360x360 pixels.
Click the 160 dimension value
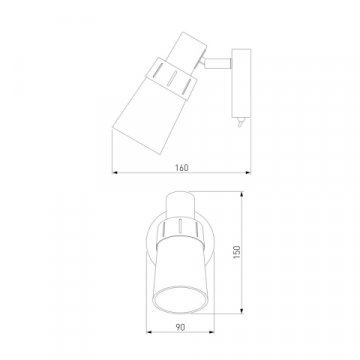[x=182, y=168]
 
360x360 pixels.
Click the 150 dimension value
[x=236, y=252]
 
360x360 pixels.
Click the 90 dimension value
[x=180, y=328]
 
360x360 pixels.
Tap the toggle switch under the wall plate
[x=241, y=122]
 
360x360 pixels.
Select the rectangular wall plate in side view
[x=241, y=83]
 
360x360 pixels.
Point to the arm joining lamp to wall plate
[x=218, y=63]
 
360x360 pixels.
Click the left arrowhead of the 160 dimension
[x=115, y=172]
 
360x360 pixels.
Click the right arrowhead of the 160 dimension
[x=248, y=172]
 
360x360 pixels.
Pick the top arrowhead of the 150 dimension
[x=241, y=194]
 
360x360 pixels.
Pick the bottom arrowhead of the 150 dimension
[x=241, y=310]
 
